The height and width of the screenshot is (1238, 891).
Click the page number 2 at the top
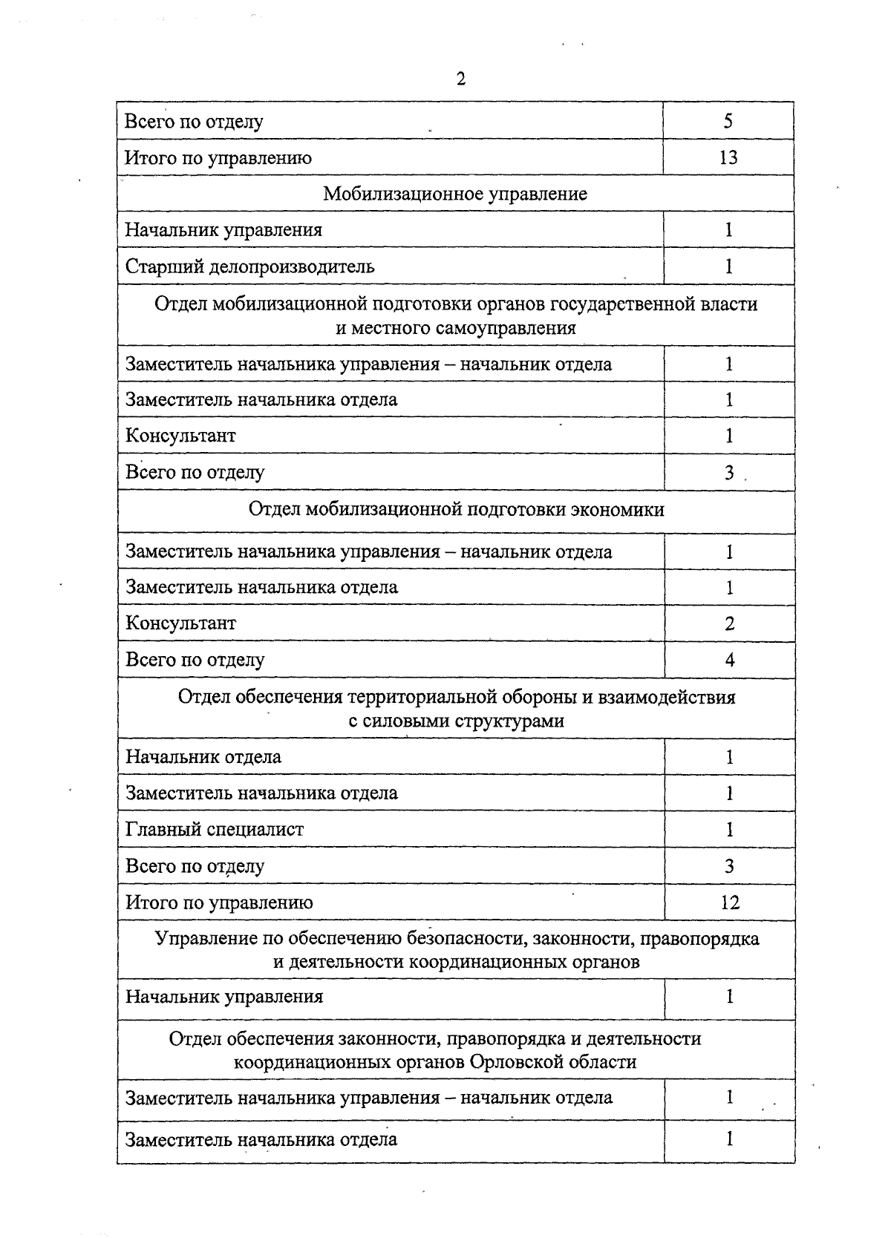click(x=461, y=79)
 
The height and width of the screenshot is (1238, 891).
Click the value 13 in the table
click(x=728, y=157)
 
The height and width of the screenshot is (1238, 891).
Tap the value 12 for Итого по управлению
click(x=729, y=902)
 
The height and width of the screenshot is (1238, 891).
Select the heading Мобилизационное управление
click(x=455, y=194)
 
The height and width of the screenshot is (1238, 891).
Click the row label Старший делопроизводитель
click(x=249, y=266)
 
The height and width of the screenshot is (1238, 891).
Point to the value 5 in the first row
click(x=728, y=121)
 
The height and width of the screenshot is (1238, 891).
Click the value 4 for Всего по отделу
click(x=729, y=659)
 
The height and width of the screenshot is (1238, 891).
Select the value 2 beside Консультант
click(x=729, y=623)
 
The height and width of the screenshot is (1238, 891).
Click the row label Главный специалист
click(x=215, y=829)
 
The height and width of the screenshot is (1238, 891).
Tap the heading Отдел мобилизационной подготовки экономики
click(x=456, y=509)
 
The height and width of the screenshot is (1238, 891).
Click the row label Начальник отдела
click(x=203, y=757)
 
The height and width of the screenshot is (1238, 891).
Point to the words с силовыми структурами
click(x=456, y=721)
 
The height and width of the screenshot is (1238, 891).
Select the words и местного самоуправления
click(x=456, y=328)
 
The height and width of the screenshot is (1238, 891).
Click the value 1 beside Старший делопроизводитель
click(x=728, y=266)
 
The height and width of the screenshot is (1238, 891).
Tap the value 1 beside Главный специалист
click(x=729, y=829)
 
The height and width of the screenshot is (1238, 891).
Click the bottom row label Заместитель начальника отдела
click(x=261, y=1139)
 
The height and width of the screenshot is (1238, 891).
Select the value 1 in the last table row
click(x=729, y=1139)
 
